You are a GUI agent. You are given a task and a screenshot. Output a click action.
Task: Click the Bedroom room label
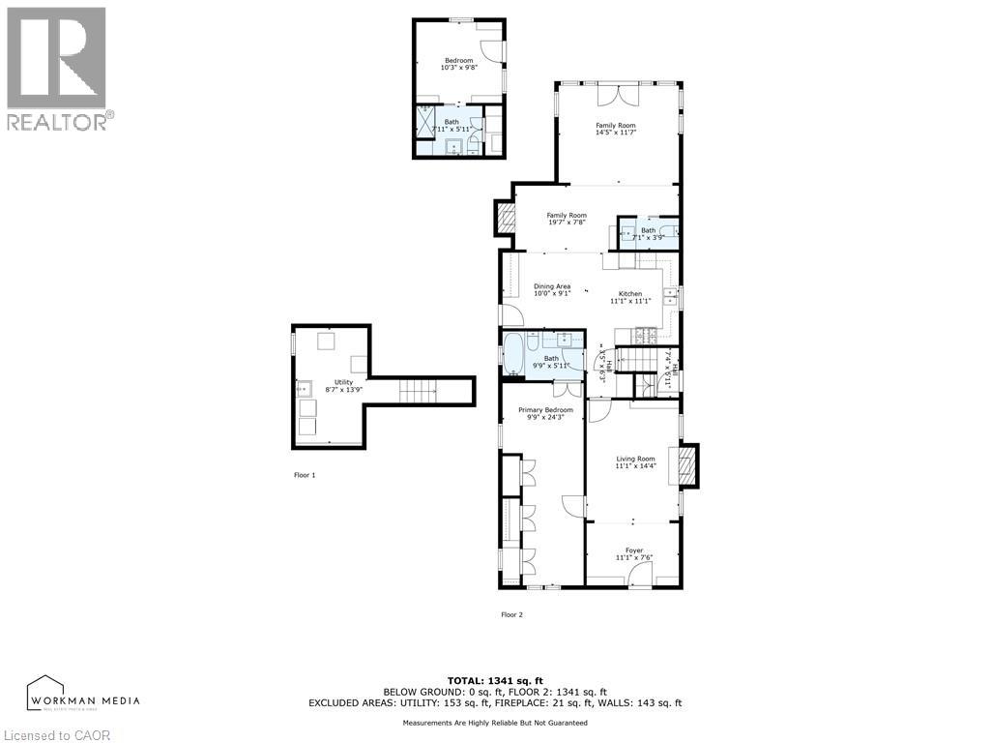coord(458,64)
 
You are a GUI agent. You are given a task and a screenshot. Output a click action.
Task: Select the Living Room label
coord(635,462)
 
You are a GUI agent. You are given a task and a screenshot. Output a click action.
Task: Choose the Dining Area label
coord(552,289)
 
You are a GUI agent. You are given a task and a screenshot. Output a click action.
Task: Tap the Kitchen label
coord(630,297)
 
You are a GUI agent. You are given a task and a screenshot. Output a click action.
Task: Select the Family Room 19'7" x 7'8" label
coord(567,219)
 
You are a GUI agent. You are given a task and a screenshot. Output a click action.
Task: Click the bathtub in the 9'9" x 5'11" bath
coord(512,352)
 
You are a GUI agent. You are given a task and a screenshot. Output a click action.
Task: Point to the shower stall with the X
coord(426,124)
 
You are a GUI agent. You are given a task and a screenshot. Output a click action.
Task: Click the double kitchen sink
coord(669,296)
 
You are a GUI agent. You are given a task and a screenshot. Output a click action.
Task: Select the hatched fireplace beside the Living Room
coord(687,465)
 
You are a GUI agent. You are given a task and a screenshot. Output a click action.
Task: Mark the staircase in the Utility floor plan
coord(419,392)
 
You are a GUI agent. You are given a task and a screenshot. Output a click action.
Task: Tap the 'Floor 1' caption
coord(305,475)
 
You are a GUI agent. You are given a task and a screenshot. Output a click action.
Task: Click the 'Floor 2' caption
coord(511,614)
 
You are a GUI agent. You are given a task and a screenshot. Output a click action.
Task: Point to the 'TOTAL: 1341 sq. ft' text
coord(494,680)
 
